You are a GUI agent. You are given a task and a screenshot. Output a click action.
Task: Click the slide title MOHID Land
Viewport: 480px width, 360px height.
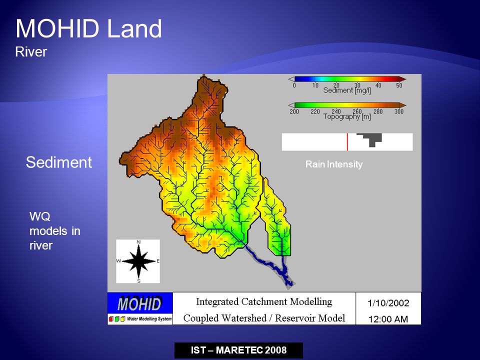pos(89,28)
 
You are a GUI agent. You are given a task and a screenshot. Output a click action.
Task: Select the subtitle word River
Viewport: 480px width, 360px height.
pos(31,51)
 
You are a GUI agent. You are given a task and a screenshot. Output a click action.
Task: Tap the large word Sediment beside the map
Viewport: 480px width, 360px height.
pos(59,162)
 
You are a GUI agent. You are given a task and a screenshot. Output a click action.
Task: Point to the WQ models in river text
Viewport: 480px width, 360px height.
pos(55,231)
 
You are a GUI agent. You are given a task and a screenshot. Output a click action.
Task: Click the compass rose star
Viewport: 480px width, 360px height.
pos(138,261)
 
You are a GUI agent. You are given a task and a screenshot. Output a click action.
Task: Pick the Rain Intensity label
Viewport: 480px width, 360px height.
pos(334,164)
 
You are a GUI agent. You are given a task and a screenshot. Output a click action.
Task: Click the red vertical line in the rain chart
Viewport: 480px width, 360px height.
pos(347,141)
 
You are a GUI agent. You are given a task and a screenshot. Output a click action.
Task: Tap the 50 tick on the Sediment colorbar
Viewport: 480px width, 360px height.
pos(399,85)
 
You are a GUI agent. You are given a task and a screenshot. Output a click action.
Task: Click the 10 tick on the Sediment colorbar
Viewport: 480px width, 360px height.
pos(315,85)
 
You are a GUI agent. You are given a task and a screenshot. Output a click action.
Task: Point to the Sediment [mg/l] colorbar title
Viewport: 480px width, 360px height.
pos(347,90)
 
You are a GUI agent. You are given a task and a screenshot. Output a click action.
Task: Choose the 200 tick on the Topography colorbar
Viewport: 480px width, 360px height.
pos(294,111)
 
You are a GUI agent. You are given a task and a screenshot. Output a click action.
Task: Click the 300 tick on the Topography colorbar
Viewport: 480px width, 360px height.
pos(399,111)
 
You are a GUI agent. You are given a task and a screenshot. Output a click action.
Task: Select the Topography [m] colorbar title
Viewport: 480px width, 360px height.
pos(347,116)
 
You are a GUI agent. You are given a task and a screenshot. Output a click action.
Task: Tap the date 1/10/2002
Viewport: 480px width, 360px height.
pos(388,303)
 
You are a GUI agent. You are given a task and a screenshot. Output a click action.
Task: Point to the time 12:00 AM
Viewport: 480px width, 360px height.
pos(388,319)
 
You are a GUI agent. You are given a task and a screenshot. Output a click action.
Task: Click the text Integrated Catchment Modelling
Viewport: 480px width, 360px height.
pos(264,302)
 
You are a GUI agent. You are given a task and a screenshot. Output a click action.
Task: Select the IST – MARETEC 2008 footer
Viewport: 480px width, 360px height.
pos(239,350)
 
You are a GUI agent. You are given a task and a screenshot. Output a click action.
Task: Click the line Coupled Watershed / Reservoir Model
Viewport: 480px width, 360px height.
pos(264,318)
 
